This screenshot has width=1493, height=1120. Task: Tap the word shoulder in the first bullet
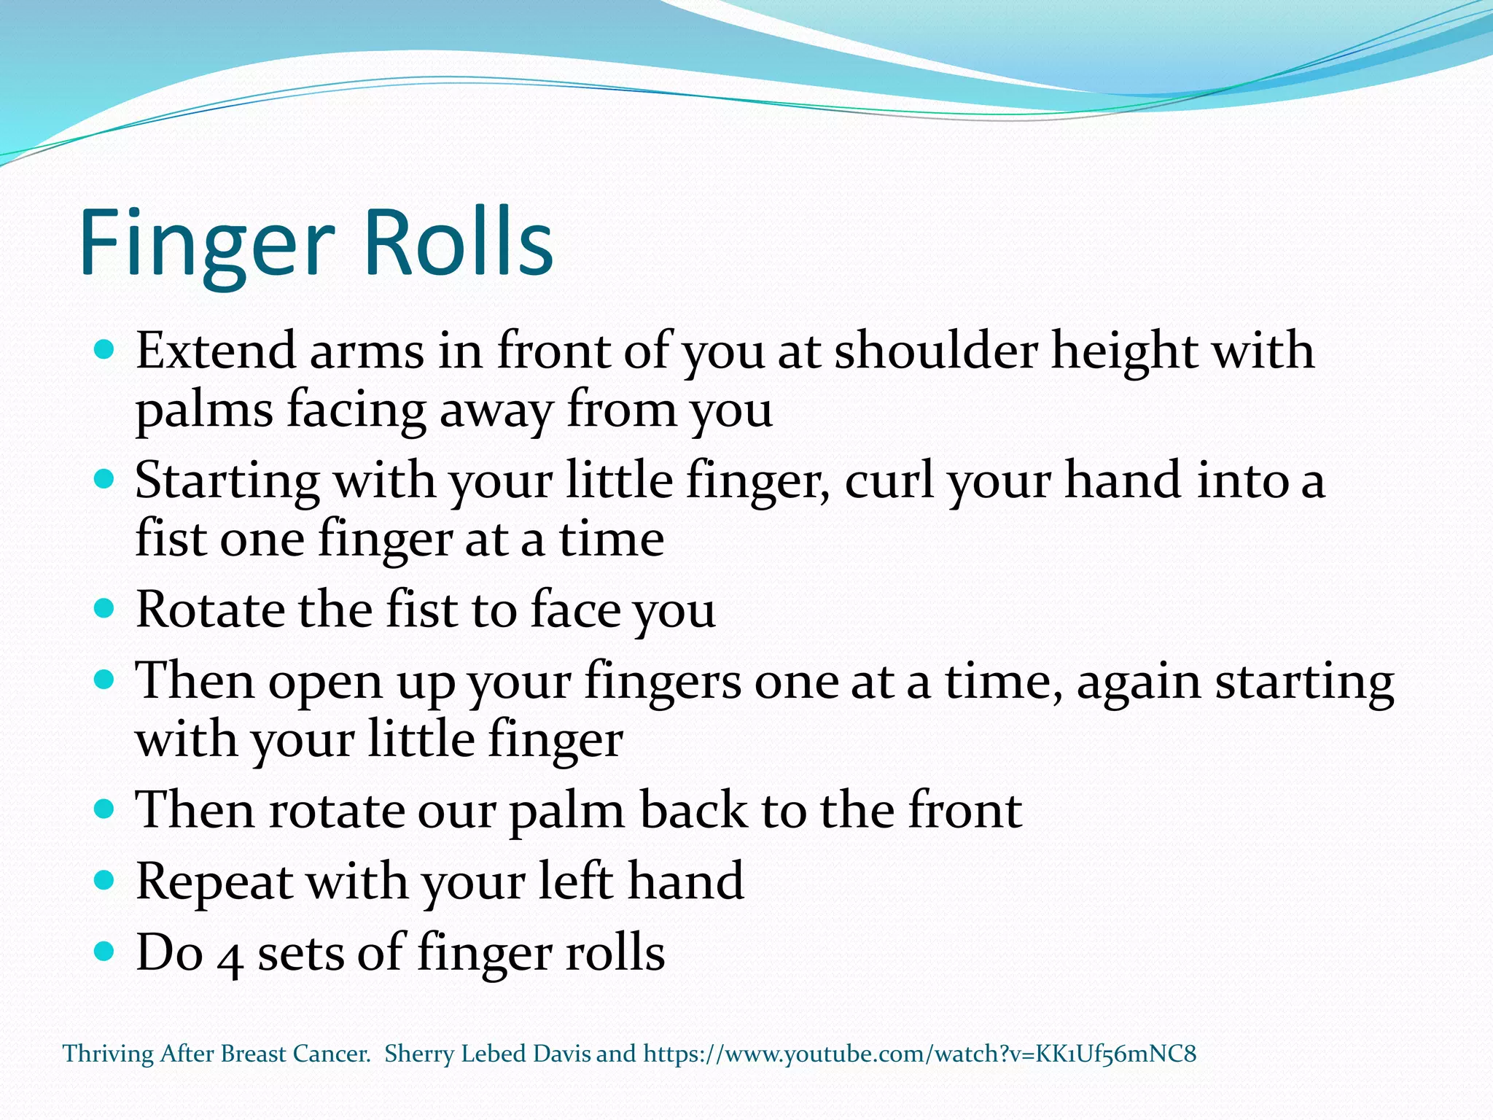pos(935,351)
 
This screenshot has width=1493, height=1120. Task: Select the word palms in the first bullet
pos(203,411)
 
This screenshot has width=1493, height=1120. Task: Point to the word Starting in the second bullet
pos(227,482)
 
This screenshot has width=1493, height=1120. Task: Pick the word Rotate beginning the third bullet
pos(210,610)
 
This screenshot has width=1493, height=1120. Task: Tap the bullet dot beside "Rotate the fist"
pos(105,609)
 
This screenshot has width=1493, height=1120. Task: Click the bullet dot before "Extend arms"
pos(105,350)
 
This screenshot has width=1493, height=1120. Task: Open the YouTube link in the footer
pos(919,1054)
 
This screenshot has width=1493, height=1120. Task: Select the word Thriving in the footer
pos(108,1054)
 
